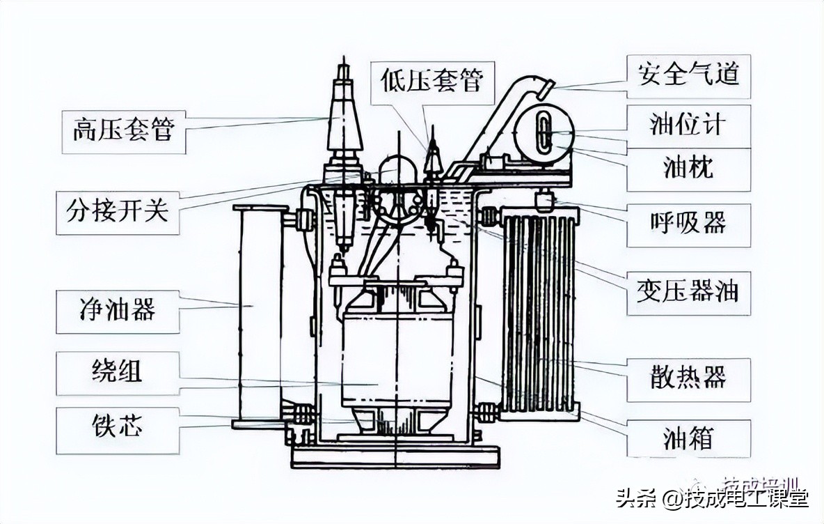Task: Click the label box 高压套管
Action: pos(123,131)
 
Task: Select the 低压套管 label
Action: pos(431,82)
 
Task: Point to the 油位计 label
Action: pos(688,125)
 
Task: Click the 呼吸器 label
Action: pos(688,224)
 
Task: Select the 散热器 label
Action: pos(688,379)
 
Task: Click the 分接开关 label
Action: pos(118,210)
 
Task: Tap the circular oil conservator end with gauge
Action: pos(544,132)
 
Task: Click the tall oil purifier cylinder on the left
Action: pos(259,317)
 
